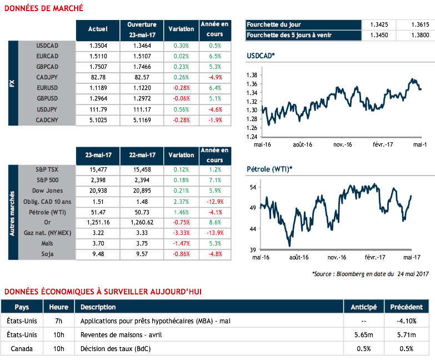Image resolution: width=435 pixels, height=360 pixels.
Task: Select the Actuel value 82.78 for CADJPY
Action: [98, 77]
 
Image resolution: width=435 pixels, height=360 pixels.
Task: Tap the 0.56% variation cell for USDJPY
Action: [181, 109]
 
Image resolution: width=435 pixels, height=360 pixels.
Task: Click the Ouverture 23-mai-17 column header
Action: [142, 29]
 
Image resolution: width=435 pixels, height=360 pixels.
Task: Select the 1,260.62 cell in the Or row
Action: [142, 223]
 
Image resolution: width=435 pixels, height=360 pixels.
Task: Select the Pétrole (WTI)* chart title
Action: [269, 169]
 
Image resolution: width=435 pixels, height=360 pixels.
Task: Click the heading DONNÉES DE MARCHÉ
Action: [43, 8]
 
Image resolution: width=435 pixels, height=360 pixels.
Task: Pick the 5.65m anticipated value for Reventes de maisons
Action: [364, 335]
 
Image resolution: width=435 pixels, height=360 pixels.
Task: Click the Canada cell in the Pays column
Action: [22, 349]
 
